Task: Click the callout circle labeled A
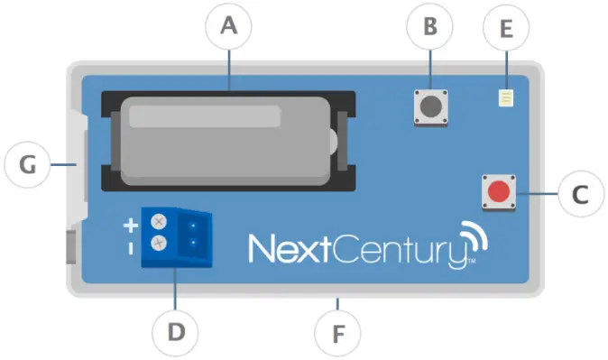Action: pyautogui.click(x=229, y=28)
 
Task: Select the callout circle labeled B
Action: pyautogui.click(x=430, y=28)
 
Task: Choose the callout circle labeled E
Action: pyautogui.click(x=505, y=30)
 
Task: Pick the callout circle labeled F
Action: pyautogui.click(x=338, y=334)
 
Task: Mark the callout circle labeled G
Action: pyautogui.click(x=28, y=165)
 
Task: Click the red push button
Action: pyautogui.click(x=498, y=192)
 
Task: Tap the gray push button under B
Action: pyautogui.click(x=430, y=107)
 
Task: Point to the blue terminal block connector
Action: pyautogui.click(x=180, y=234)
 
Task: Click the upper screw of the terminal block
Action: pyautogui.click(x=159, y=221)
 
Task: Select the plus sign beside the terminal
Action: pyautogui.click(x=131, y=224)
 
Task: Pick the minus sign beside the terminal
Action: pyautogui.click(x=131, y=245)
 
